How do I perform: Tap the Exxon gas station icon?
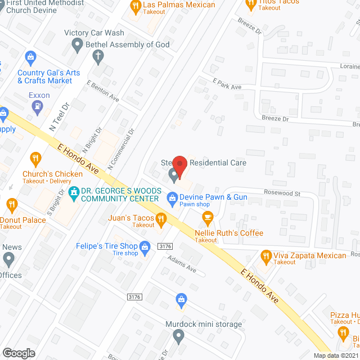tap(38, 107)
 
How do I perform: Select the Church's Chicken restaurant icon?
tap(35, 159)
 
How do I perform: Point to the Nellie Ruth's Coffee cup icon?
tap(208, 217)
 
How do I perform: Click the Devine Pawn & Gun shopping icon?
tap(172, 197)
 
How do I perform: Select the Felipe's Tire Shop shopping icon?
tap(145, 246)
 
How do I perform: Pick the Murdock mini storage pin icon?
tap(179, 337)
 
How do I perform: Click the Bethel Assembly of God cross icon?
tap(98, 55)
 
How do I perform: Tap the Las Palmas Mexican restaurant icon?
tap(135, 7)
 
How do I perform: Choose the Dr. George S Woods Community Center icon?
tap(73, 195)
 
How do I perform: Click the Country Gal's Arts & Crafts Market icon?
tap(30, 57)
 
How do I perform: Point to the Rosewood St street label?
tap(283, 193)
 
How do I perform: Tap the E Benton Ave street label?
tap(103, 91)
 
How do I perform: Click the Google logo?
tap(19, 353)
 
